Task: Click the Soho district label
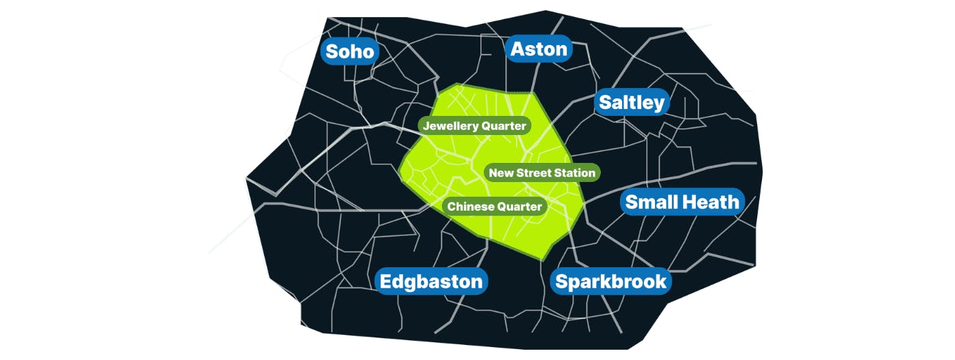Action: [350, 51]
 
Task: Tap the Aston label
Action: [539, 49]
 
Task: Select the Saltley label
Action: [631, 102]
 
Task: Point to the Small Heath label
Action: [682, 202]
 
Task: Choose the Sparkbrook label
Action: [611, 282]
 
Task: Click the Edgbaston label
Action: [431, 282]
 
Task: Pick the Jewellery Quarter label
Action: [475, 126]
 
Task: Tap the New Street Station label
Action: [542, 173]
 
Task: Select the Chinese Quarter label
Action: [495, 207]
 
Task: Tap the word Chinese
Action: [469, 207]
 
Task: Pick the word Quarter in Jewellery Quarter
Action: [503, 126]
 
